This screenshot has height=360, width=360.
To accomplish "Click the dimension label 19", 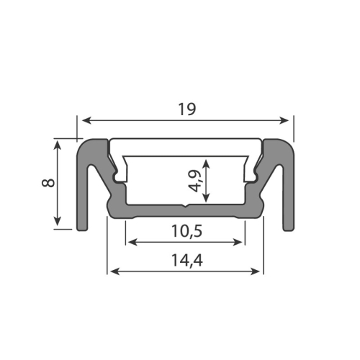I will click(x=186, y=109).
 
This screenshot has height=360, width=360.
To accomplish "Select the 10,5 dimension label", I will click(x=185, y=231).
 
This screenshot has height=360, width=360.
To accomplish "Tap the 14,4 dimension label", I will click(x=186, y=261).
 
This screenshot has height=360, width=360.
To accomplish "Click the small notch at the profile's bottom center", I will click(x=185, y=207).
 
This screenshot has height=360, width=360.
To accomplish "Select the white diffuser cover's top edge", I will click(x=185, y=139).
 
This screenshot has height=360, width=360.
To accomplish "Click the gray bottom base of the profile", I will click(x=158, y=210).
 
